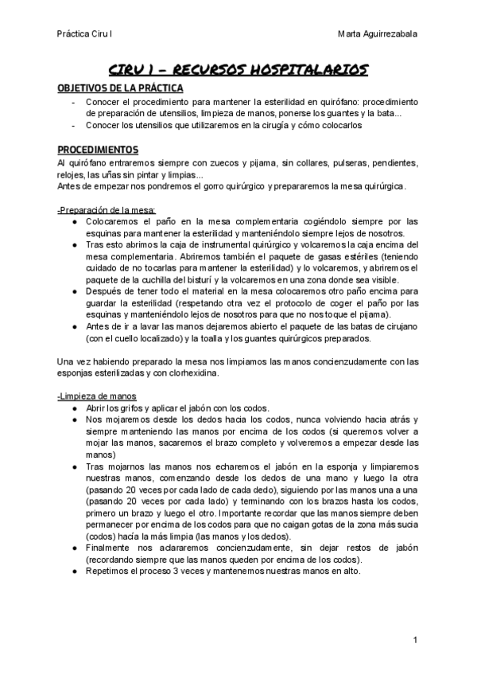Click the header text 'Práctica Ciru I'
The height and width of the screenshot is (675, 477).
[x=83, y=34]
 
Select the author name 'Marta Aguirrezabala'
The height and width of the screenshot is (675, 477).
[x=378, y=34]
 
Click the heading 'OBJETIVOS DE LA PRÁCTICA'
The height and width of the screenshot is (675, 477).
[x=120, y=88]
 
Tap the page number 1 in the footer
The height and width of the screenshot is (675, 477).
[x=415, y=639]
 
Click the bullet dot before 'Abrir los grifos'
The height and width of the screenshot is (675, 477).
[x=74, y=408]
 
